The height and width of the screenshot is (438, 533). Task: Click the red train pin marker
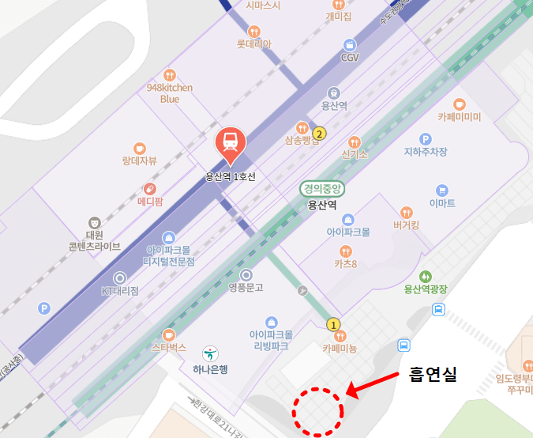[231, 143]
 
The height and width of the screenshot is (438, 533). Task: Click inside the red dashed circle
[318, 411]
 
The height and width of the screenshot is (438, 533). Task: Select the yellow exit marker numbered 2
[320, 133]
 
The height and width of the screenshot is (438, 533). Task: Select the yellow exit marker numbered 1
[333, 324]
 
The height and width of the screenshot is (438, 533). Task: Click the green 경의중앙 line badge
[322, 188]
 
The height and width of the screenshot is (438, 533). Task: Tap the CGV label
[350, 58]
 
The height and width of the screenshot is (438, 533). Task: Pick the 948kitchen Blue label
[170, 93]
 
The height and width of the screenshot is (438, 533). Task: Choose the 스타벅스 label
[168, 347]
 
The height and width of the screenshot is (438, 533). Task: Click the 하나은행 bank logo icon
[210, 353]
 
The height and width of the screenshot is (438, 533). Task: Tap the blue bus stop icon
[404, 345]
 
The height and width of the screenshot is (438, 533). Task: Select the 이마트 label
[442, 203]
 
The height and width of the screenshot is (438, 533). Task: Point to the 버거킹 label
[406, 225]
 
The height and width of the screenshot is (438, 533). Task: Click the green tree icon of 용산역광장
[426, 276]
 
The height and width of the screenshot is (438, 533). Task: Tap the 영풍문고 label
[246, 287]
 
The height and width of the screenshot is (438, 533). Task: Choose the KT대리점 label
[120, 291]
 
